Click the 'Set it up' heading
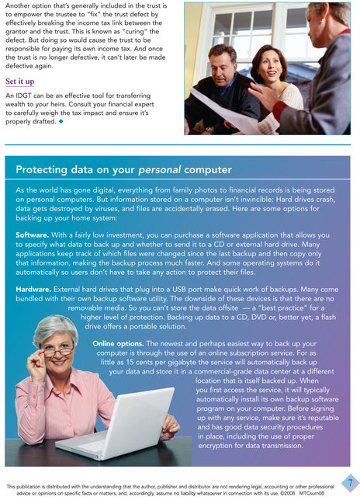pos(19,82)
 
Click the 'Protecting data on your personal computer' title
pos(123,169)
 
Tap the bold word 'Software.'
pos(33,235)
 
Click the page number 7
pos(349,481)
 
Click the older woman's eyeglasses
pos(59,350)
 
